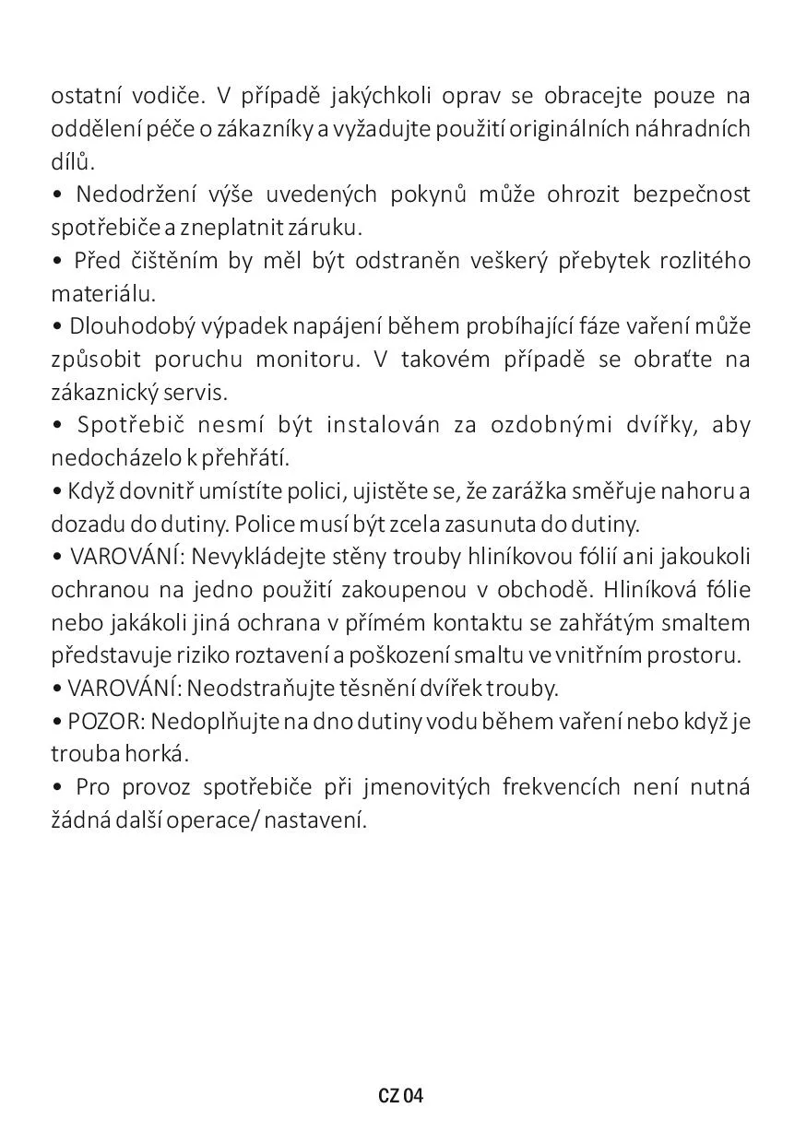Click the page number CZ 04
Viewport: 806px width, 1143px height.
tap(400, 1096)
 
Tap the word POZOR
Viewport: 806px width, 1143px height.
tap(102, 721)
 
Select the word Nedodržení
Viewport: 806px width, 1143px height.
tap(128, 194)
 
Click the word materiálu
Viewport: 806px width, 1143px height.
tap(103, 294)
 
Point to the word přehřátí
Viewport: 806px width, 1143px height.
tap(250, 458)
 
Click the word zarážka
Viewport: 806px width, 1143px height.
tap(493, 491)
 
